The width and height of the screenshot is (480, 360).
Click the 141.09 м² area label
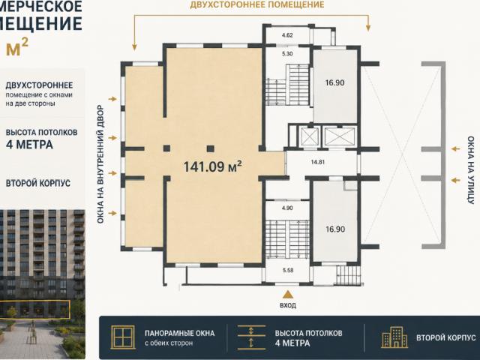[x=213, y=166]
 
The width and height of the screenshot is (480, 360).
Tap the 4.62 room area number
[x=287, y=35]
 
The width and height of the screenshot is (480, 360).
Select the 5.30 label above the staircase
[x=287, y=53]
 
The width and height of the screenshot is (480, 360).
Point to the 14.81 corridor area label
[x=318, y=162]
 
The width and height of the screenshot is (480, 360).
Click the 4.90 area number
[x=287, y=208]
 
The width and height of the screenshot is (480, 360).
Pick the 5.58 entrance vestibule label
[x=288, y=270]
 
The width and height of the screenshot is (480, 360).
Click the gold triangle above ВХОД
[x=288, y=295]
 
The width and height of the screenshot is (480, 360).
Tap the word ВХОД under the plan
[x=288, y=305]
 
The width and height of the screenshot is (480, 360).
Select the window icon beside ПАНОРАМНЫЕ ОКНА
[x=123, y=337]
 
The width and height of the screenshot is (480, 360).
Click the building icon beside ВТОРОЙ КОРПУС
[x=394, y=337]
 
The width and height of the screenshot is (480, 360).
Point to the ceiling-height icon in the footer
[x=251, y=337]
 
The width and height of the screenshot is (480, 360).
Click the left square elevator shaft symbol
[x=310, y=136]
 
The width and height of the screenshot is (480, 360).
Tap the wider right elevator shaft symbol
[x=340, y=136]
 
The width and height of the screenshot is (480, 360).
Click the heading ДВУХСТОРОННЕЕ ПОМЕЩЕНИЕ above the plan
[x=257, y=5]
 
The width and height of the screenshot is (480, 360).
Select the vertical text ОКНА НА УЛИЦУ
[x=470, y=170]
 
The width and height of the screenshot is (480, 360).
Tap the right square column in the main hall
[x=210, y=149]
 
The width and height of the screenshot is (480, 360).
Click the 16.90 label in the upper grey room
[x=335, y=82]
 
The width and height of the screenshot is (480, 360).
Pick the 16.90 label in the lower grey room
[x=335, y=229]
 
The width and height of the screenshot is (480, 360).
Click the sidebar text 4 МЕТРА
[x=29, y=145]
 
